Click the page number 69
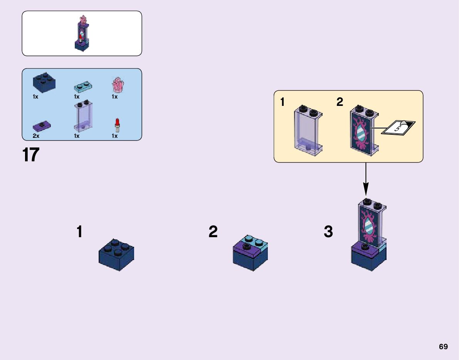click(443, 347)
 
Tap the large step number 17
click(31, 155)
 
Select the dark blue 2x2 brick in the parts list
click(43, 82)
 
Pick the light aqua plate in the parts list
click(83, 87)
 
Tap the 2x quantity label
click(36, 136)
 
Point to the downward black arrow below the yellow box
click(365, 179)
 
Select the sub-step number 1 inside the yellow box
click(282, 102)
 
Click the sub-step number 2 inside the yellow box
click(340, 102)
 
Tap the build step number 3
click(328, 232)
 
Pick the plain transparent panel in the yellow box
click(308, 131)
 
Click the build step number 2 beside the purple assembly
click(213, 232)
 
